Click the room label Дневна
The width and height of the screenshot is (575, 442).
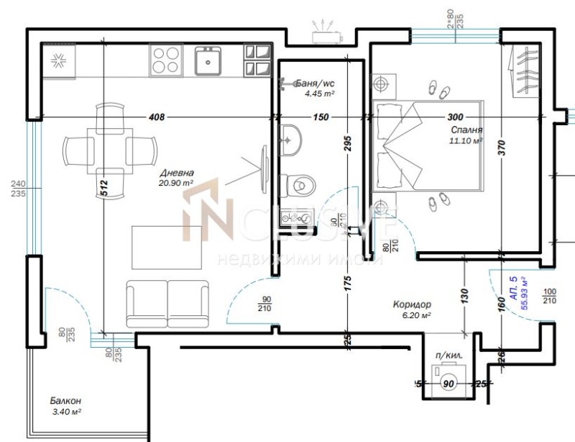176,173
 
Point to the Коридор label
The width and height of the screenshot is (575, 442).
412,305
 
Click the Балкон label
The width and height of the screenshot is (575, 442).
65,401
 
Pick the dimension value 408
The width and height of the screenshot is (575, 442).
156,117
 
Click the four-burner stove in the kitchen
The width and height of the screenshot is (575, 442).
165,60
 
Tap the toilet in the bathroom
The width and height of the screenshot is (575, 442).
298,184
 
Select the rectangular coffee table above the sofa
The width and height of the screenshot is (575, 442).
166,245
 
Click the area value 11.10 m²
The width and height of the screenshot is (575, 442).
465,141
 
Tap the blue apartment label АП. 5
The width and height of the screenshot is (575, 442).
512,287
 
